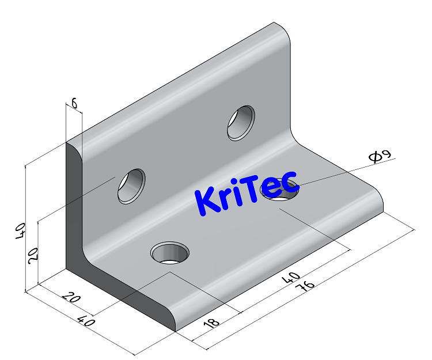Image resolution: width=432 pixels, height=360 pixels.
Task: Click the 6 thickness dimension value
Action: (74, 104)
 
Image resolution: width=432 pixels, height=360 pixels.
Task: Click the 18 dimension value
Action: (211, 322)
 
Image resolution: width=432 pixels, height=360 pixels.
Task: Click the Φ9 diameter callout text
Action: (380, 156)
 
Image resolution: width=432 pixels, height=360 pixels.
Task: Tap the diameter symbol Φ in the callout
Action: (375, 157)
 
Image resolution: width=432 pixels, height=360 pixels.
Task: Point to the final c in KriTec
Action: (288, 181)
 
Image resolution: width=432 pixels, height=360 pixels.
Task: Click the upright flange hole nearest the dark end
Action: (131, 185)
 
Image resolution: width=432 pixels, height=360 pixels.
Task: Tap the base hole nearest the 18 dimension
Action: (170, 252)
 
